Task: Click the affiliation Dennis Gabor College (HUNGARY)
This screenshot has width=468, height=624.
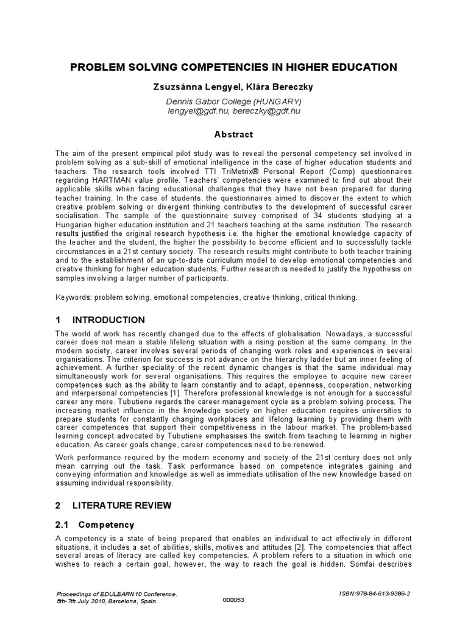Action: [x=233, y=101]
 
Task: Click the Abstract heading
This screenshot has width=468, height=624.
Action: [x=233, y=134]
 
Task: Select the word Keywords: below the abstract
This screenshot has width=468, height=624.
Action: [x=74, y=297]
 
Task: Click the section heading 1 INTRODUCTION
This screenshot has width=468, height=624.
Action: [x=101, y=320]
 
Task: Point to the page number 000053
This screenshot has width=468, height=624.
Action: [x=234, y=600]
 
